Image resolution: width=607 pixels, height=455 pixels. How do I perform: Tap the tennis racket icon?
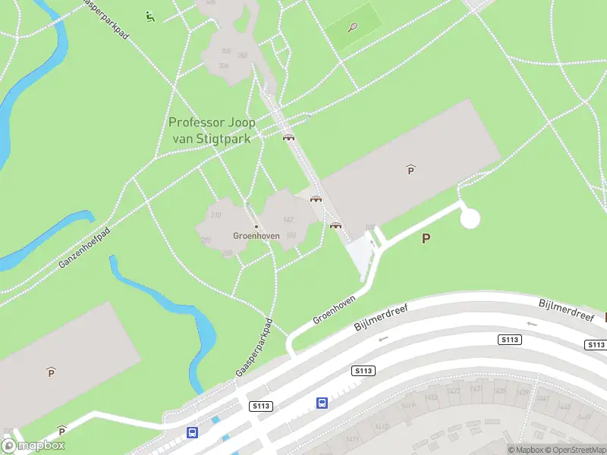point(353,28)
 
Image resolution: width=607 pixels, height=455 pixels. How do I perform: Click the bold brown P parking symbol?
point(426,238)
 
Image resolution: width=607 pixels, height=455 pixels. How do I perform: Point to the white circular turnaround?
point(470,219)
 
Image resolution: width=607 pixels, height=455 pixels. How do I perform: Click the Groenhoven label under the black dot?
point(256,236)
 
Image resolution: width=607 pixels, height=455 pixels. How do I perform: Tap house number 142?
point(288,220)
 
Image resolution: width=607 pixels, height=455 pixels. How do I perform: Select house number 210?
point(215,215)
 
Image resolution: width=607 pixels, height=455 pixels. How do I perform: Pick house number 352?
point(243,55)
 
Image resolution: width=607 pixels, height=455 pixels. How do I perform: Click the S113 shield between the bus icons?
point(260,406)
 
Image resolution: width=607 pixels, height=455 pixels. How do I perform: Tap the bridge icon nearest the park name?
point(288,137)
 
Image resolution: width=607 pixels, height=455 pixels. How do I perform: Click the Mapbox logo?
point(33,446)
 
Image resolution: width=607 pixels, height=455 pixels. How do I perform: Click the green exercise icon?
point(150,16)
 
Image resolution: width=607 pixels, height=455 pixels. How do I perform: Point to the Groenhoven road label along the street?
point(334,310)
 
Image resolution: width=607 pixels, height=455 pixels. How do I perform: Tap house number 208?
point(227,253)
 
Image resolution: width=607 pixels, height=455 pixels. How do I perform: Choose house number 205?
point(206,240)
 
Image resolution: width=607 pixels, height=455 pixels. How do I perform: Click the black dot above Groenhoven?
point(256,226)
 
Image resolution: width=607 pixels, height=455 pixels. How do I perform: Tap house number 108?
point(370,227)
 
